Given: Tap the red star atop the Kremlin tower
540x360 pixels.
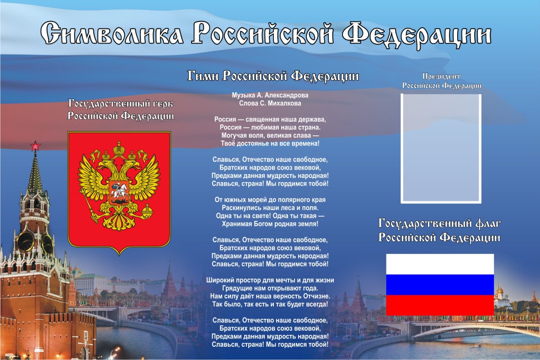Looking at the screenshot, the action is click(35, 146).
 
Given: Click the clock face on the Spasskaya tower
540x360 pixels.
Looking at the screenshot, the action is click(26, 241).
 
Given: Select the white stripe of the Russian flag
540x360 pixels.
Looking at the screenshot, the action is click(440, 264).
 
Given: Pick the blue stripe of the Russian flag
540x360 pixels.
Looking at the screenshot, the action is click(440, 285).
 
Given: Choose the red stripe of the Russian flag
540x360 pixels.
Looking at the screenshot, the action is click(440, 305).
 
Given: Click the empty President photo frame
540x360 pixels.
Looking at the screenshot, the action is click(401, 149).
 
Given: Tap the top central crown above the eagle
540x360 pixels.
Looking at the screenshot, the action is click(119, 149).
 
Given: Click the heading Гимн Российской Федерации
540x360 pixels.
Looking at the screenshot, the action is click(273, 76).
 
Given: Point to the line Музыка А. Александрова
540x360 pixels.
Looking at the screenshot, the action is click(270, 95).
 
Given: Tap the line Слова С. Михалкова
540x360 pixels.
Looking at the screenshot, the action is click(270, 103).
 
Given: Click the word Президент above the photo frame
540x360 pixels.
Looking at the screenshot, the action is click(442, 76).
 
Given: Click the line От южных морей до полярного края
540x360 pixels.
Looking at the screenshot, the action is click(270, 199).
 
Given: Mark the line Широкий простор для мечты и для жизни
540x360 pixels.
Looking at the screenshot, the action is click(270, 280).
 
